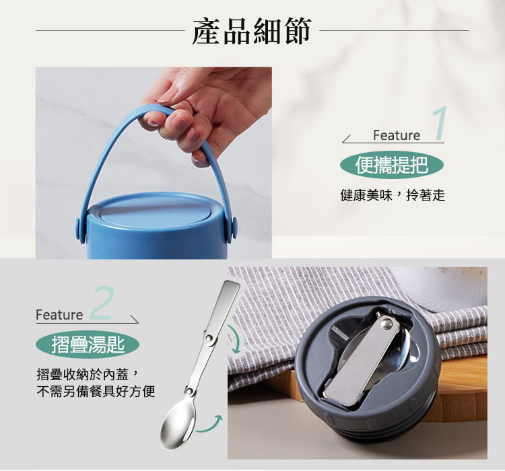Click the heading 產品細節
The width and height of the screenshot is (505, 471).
pyautogui.click(x=252, y=32)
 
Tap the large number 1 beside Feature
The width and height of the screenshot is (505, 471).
pyautogui.click(x=440, y=124)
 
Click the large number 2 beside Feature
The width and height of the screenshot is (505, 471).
pyautogui.click(x=101, y=304)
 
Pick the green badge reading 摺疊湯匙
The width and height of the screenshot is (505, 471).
pyautogui.click(x=88, y=345)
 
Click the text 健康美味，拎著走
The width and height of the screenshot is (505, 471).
pyautogui.click(x=393, y=196)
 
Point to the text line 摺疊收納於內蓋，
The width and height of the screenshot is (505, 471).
pyautogui.click(x=88, y=374)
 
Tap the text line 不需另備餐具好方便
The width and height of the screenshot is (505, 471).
pyautogui.click(x=96, y=391)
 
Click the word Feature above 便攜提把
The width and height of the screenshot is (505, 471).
pyautogui.click(x=397, y=136)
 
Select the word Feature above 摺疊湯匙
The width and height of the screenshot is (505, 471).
pyautogui.click(x=59, y=315)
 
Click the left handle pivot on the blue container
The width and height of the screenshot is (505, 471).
pyautogui.click(x=80, y=227)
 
